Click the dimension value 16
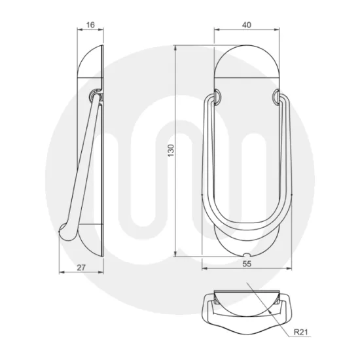[90, 25]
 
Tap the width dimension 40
[247, 25]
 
